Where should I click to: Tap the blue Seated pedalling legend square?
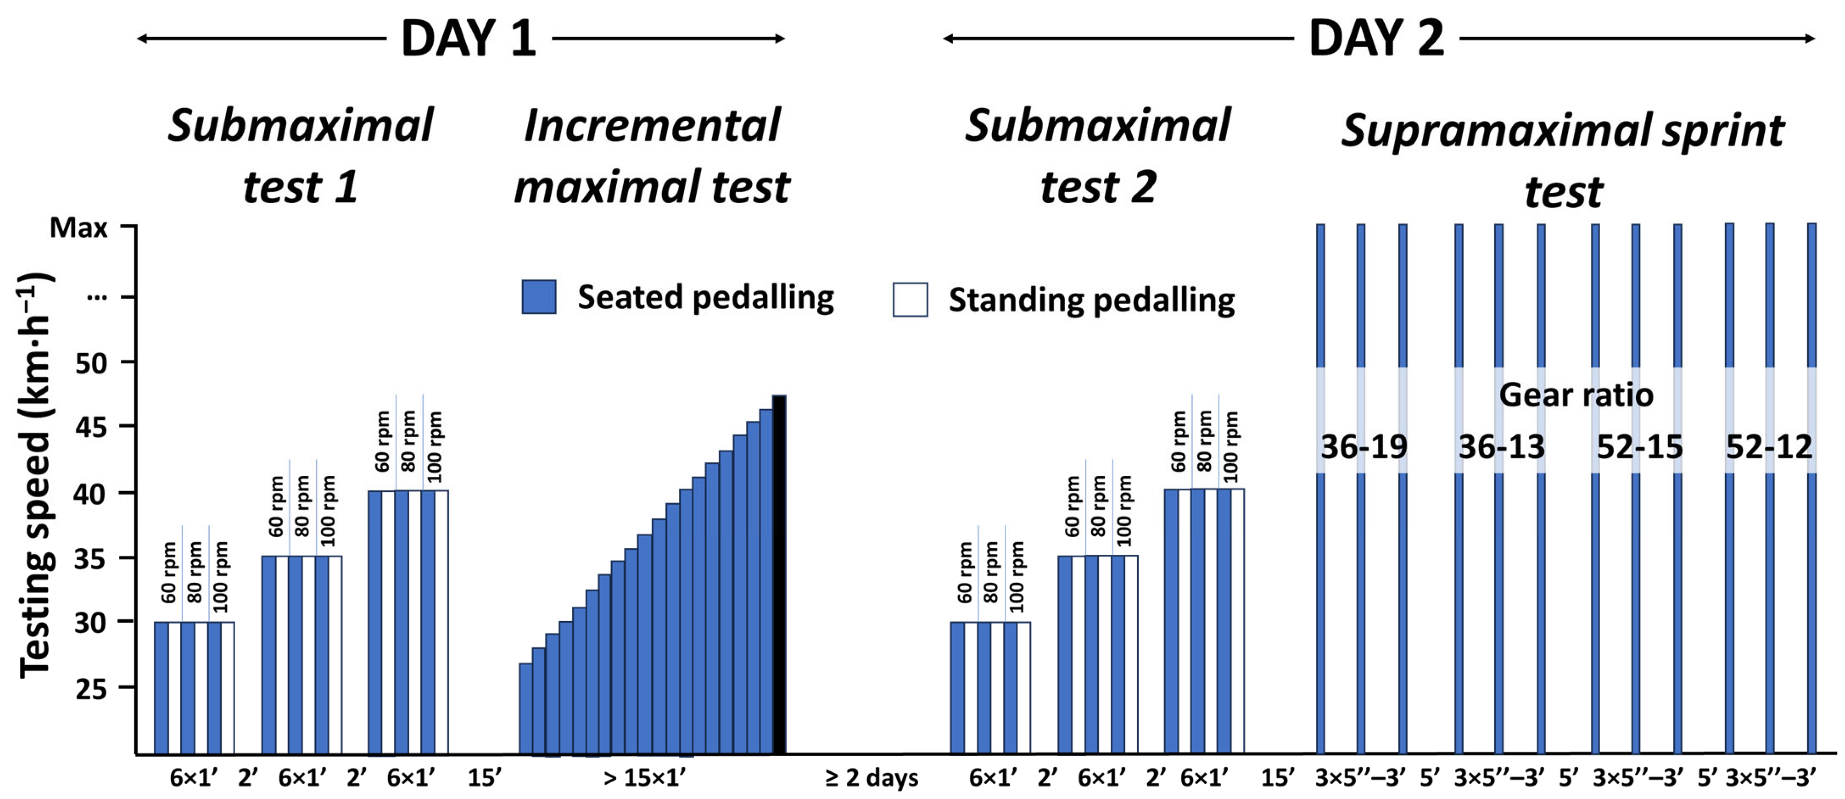[x=539, y=297]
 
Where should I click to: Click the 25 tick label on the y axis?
[x=91, y=689]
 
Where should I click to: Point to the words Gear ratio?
[x=1576, y=395]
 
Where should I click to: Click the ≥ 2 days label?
[x=872, y=777]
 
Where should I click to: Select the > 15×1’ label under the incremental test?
[x=645, y=777]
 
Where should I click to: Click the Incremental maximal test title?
[x=652, y=156]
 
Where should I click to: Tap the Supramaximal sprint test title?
[x=1563, y=160]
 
